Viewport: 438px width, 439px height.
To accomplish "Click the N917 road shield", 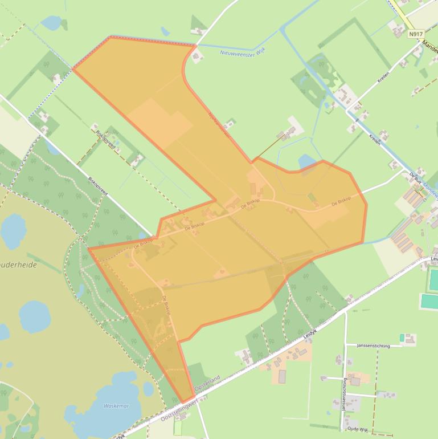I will pyautogui.click(x=416, y=34).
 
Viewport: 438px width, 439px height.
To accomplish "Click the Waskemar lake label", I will pyautogui.click(x=116, y=406).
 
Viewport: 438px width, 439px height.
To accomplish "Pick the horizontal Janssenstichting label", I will pyautogui.click(x=373, y=345).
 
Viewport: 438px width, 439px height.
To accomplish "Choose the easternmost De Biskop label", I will pyautogui.click(x=341, y=202).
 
